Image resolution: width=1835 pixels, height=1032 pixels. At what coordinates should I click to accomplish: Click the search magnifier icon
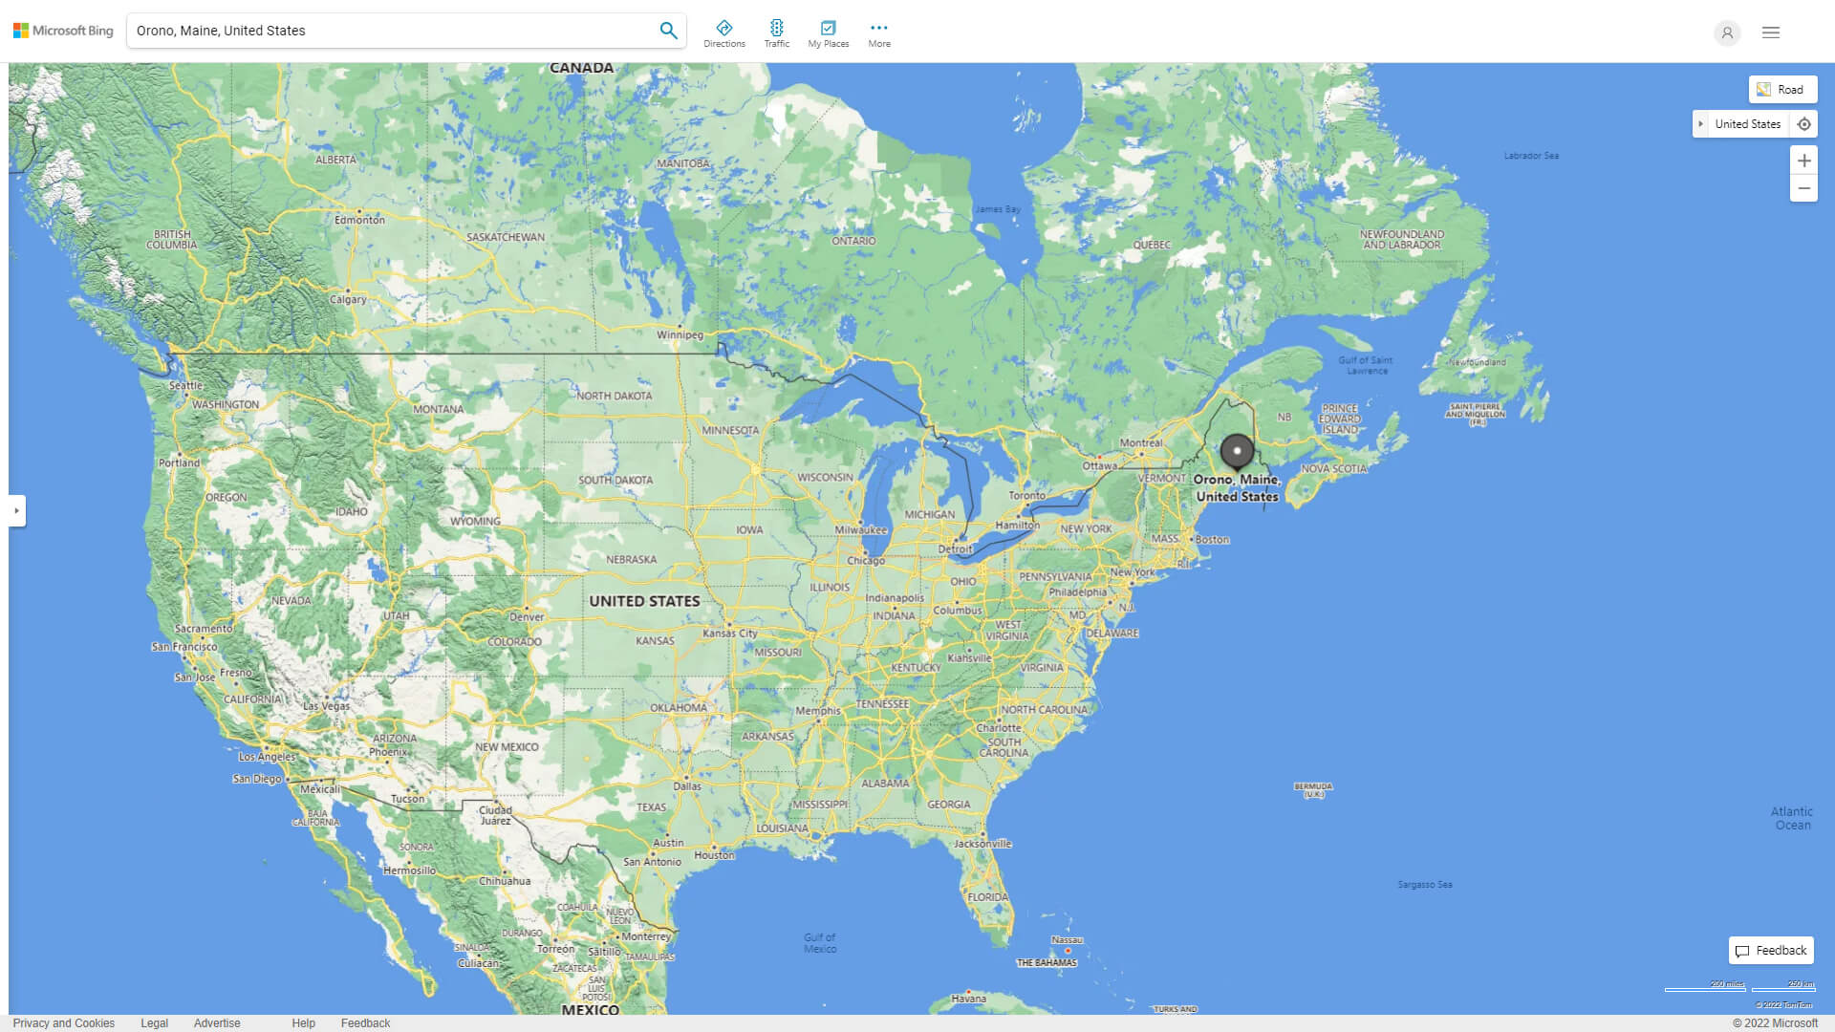coord(668,31)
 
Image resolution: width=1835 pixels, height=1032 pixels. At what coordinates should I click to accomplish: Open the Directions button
coord(723,33)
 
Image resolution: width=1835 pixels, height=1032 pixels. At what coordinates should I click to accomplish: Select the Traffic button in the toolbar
coord(776,33)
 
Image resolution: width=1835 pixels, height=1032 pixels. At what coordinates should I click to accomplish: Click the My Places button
coord(828,33)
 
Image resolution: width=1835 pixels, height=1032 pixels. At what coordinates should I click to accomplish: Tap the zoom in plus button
coord(1803,161)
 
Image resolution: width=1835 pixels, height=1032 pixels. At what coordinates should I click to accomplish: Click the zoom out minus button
coord(1803,188)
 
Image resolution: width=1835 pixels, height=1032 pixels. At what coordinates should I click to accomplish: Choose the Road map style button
coord(1782,90)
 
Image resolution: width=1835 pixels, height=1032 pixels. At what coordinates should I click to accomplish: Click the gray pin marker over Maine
coord(1237,451)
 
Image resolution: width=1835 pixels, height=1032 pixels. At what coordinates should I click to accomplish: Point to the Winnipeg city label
coord(680,335)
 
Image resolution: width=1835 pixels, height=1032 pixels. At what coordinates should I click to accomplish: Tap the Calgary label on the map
coord(348,299)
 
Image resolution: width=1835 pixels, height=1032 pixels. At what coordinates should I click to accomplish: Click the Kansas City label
coord(729,634)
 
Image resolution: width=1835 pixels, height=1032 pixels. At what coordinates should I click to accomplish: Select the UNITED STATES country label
coord(644,601)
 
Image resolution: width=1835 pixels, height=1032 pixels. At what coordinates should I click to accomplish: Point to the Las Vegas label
coord(326,706)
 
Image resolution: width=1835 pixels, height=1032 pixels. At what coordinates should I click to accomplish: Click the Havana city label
coord(968,999)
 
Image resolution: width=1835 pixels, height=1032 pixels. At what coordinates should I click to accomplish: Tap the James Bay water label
coord(997,209)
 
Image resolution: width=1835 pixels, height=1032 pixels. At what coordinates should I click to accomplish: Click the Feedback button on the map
coord(1771,951)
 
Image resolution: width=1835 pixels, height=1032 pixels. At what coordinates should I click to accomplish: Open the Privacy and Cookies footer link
coord(63,1023)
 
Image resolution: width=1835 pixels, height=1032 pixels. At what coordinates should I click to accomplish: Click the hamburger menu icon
coord(1770,32)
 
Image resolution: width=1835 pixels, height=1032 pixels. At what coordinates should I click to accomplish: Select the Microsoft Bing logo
coord(63,31)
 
